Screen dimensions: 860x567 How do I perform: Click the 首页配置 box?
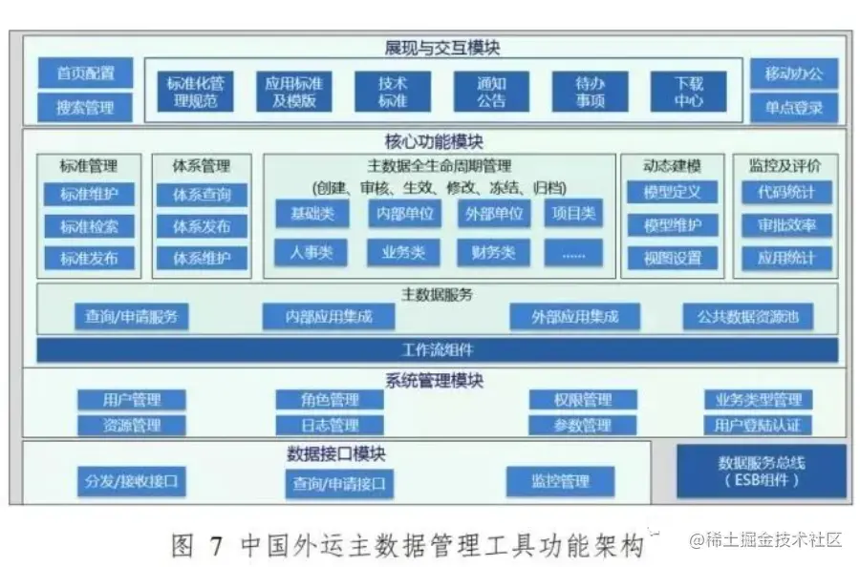[x=85, y=73]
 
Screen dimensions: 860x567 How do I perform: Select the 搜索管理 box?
[x=85, y=107]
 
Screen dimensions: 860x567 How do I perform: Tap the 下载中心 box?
[x=688, y=92]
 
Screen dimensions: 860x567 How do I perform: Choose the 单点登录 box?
[x=793, y=107]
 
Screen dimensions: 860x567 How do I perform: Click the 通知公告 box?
[x=491, y=92]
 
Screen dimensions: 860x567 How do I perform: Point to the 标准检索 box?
[x=90, y=226]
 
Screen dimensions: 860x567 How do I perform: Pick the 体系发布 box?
[x=202, y=226]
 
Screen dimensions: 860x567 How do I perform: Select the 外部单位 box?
[x=493, y=213]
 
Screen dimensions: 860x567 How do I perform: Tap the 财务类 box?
[x=493, y=252]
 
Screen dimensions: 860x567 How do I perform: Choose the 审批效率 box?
[x=787, y=225]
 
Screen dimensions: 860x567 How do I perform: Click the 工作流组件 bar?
[x=438, y=349]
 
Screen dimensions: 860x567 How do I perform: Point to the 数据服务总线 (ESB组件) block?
[x=762, y=471]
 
